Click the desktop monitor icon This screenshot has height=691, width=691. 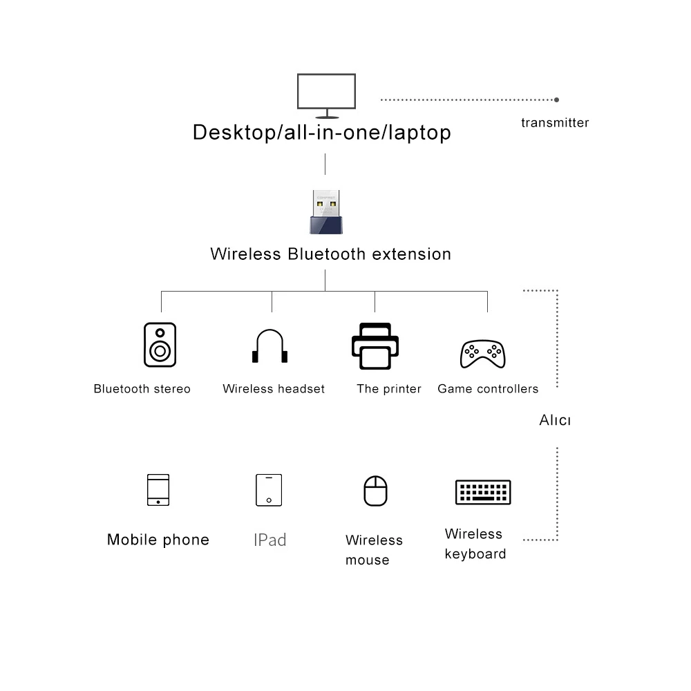click(326, 93)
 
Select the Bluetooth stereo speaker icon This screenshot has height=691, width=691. click(160, 345)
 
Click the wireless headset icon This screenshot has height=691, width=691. click(269, 346)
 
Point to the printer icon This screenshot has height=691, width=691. click(375, 346)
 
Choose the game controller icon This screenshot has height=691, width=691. click(483, 353)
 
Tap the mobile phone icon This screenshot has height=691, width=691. click(158, 490)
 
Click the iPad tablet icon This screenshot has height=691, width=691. click(269, 490)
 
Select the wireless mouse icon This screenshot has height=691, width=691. click(375, 491)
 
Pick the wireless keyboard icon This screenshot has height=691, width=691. click(483, 492)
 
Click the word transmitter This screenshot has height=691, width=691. click(555, 123)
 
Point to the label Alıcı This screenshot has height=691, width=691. click(555, 420)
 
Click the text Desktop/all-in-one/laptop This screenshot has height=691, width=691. click(321, 132)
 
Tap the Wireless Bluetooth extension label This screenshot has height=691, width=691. click(330, 254)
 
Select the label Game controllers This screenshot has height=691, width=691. click(488, 389)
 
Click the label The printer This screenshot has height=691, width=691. click(388, 389)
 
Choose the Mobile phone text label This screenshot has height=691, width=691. click(158, 540)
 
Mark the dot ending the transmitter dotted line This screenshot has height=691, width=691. click(557, 100)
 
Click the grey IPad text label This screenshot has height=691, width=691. click(269, 540)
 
